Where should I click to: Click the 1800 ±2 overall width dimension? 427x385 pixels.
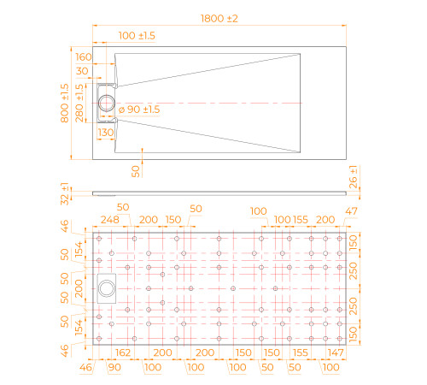point(219,19)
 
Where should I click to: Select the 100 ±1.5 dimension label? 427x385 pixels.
point(137,36)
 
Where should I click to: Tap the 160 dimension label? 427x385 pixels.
point(84,57)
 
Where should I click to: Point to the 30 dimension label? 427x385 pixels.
point(82,71)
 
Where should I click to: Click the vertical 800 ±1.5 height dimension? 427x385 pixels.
point(65,103)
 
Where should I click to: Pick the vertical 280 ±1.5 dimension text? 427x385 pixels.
point(79,103)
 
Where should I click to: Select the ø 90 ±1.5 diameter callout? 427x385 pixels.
point(139,110)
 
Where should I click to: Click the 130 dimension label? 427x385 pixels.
point(106,133)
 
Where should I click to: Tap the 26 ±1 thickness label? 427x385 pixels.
point(353,177)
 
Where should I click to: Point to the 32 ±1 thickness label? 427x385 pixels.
point(65,194)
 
